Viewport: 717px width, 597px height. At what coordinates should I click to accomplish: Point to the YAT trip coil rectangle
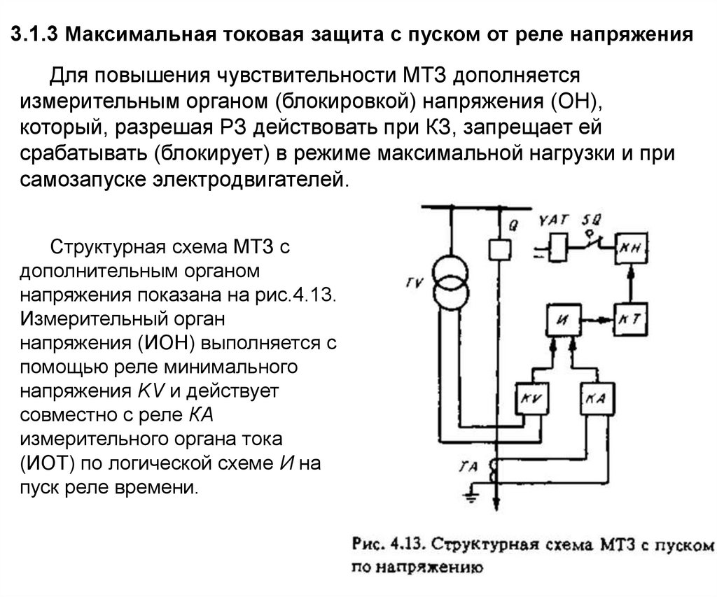[x=558, y=246]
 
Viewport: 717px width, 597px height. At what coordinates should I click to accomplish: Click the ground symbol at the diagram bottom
[x=471, y=499]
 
